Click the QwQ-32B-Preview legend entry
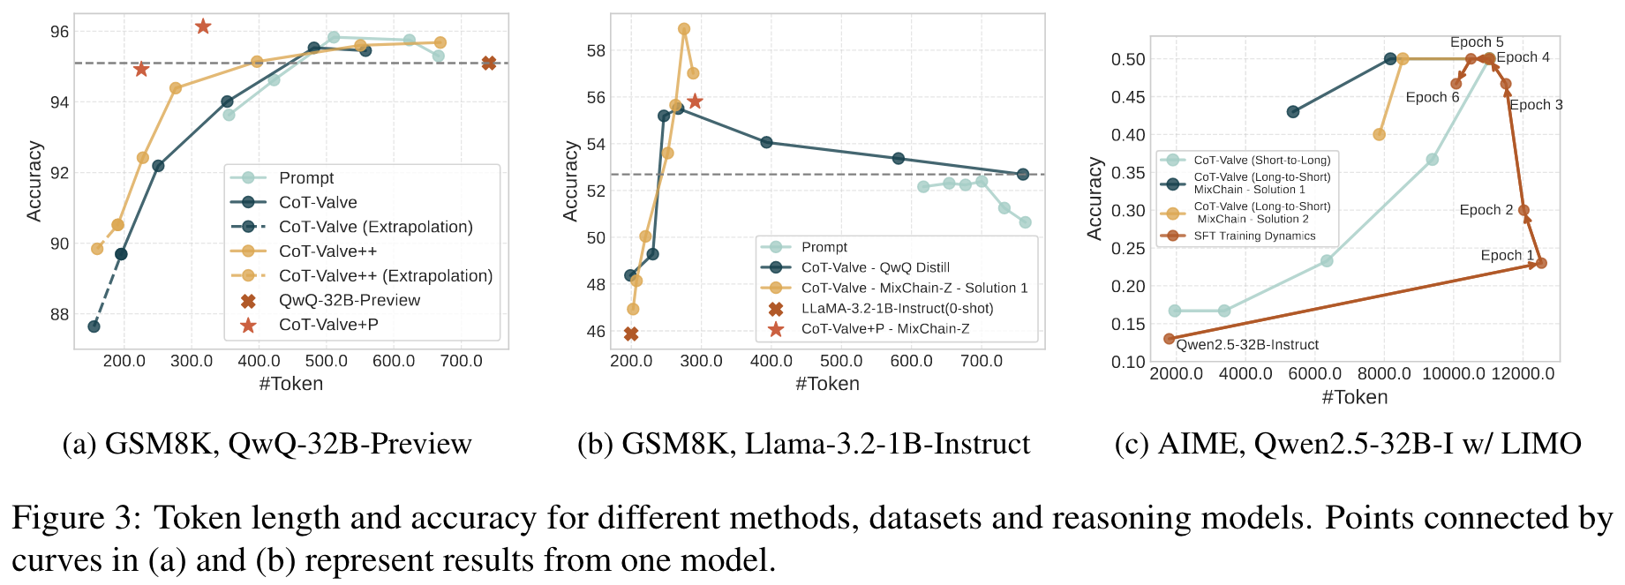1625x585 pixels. point(349,301)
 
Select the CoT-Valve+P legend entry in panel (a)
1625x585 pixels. point(327,326)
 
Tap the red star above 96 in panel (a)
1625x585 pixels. point(203,26)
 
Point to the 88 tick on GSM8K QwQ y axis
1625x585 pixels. point(59,315)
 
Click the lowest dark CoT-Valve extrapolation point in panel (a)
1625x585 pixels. point(94,326)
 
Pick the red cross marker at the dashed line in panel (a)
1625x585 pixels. point(489,63)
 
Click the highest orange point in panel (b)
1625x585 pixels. point(684,29)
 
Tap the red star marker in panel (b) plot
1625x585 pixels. point(695,101)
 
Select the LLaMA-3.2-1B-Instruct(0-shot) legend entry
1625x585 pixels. point(897,309)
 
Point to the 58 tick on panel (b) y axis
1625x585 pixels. point(596,50)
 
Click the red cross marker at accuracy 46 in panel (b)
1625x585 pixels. point(630,334)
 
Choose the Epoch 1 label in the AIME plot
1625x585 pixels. point(1507,256)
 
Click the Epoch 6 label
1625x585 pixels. point(1432,98)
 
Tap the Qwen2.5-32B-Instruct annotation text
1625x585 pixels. point(1247,345)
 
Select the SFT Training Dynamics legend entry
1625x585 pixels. point(1253,236)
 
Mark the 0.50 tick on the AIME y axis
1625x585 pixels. point(1127,59)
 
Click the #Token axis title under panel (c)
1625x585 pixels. point(1354,397)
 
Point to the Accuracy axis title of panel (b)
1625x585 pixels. point(571,180)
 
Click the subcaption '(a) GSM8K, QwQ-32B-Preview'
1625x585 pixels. point(267,443)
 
